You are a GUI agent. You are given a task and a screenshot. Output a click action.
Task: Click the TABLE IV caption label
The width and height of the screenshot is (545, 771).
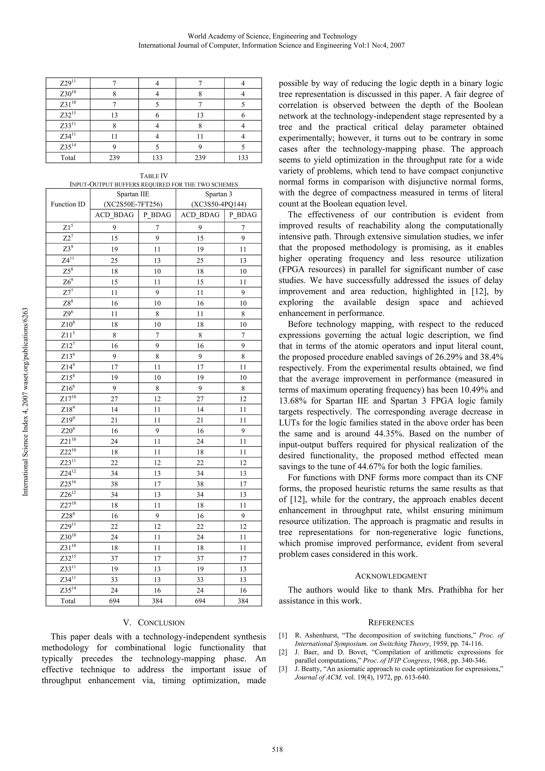[154, 176]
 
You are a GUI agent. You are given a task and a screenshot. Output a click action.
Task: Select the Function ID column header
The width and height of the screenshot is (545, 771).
[68, 204]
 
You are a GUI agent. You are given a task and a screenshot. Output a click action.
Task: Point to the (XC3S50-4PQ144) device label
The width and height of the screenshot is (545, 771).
[218, 204]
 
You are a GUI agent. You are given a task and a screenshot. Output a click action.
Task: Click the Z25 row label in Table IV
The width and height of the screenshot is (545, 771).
[68, 484]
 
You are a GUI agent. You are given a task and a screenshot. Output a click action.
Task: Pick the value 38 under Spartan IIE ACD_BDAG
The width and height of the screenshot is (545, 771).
[114, 484]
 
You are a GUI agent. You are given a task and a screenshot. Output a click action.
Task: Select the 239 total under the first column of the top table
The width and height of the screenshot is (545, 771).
[114, 158]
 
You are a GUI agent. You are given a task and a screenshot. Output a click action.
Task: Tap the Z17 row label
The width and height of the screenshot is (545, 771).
[68, 399]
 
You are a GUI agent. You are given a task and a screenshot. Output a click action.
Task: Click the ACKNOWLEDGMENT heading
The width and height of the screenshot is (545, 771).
[391, 576]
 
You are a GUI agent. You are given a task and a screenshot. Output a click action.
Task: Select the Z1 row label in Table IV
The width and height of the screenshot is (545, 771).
[68, 228]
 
